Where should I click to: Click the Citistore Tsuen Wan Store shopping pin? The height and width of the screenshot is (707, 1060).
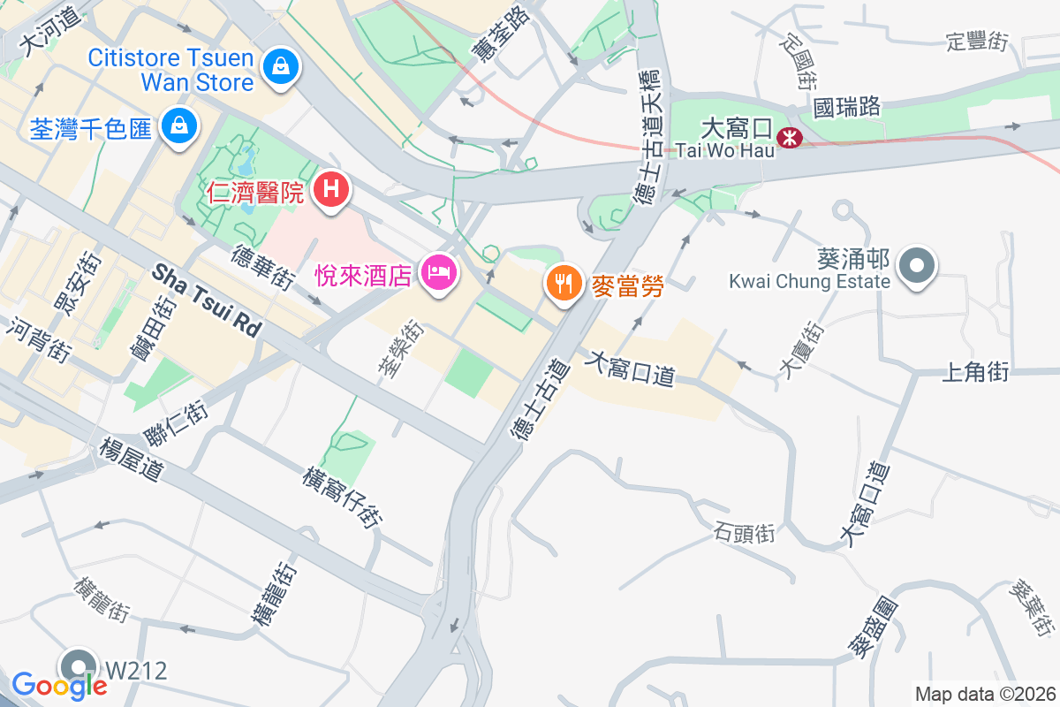point(280,65)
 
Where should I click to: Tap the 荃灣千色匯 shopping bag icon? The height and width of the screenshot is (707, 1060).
point(179,125)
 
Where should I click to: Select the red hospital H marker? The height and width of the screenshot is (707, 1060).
point(331,189)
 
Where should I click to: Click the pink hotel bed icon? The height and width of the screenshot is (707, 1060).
point(439,272)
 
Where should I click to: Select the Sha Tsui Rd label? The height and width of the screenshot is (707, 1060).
point(208,300)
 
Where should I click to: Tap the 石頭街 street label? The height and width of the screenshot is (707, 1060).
point(744,533)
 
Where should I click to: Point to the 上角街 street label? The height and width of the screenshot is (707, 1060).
point(975,373)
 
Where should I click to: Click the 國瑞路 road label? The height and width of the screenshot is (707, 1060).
point(847,108)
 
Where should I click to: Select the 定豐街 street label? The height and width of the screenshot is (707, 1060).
point(976,41)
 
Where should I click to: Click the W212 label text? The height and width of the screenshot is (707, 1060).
point(136,671)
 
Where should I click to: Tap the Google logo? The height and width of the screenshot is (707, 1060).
point(59,685)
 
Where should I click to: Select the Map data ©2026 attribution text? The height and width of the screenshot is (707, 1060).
point(985,695)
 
